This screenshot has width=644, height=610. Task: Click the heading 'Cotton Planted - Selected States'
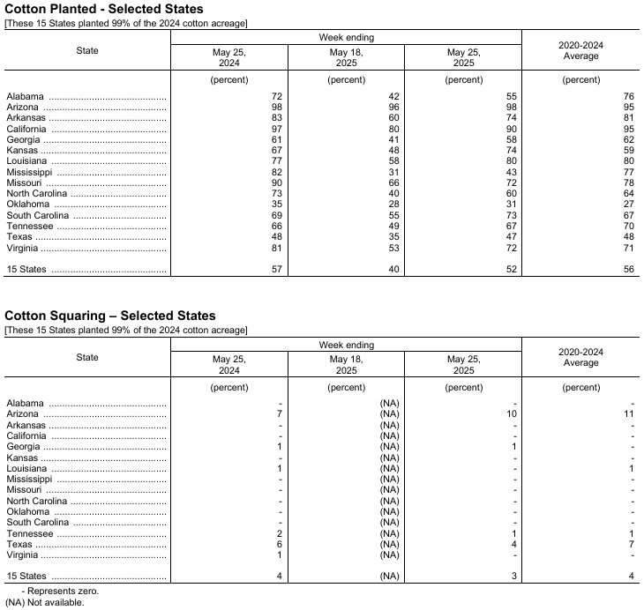coord(104,9)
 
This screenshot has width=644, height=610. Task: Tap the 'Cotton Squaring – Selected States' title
coord(110,316)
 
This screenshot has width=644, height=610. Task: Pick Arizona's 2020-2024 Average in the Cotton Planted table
coord(628,107)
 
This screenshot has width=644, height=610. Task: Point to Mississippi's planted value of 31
coord(393,172)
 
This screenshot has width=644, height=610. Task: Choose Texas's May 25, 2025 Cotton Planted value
coord(510,237)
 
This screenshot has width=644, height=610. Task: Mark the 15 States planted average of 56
coord(628,270)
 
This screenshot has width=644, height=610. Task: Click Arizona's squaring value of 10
coord(510,414)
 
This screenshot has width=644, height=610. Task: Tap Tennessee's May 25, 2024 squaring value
coord(278,534)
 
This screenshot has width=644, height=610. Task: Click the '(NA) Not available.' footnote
coord(45,603)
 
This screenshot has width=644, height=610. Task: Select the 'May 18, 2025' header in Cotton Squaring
coord(346,365)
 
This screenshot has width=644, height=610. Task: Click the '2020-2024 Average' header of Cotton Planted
coord(580,50)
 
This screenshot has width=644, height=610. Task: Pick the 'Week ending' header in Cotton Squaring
coord(346,345)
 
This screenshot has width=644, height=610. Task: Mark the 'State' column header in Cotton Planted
coord(87,50)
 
